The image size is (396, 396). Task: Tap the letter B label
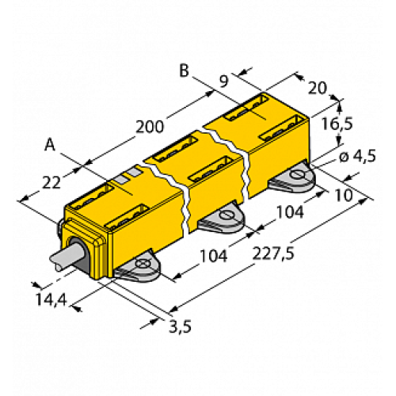(184, 71)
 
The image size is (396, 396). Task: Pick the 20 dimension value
(315, 88)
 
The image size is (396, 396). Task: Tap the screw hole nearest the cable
(143, 263)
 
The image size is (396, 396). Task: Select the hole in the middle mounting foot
(226, 214)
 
